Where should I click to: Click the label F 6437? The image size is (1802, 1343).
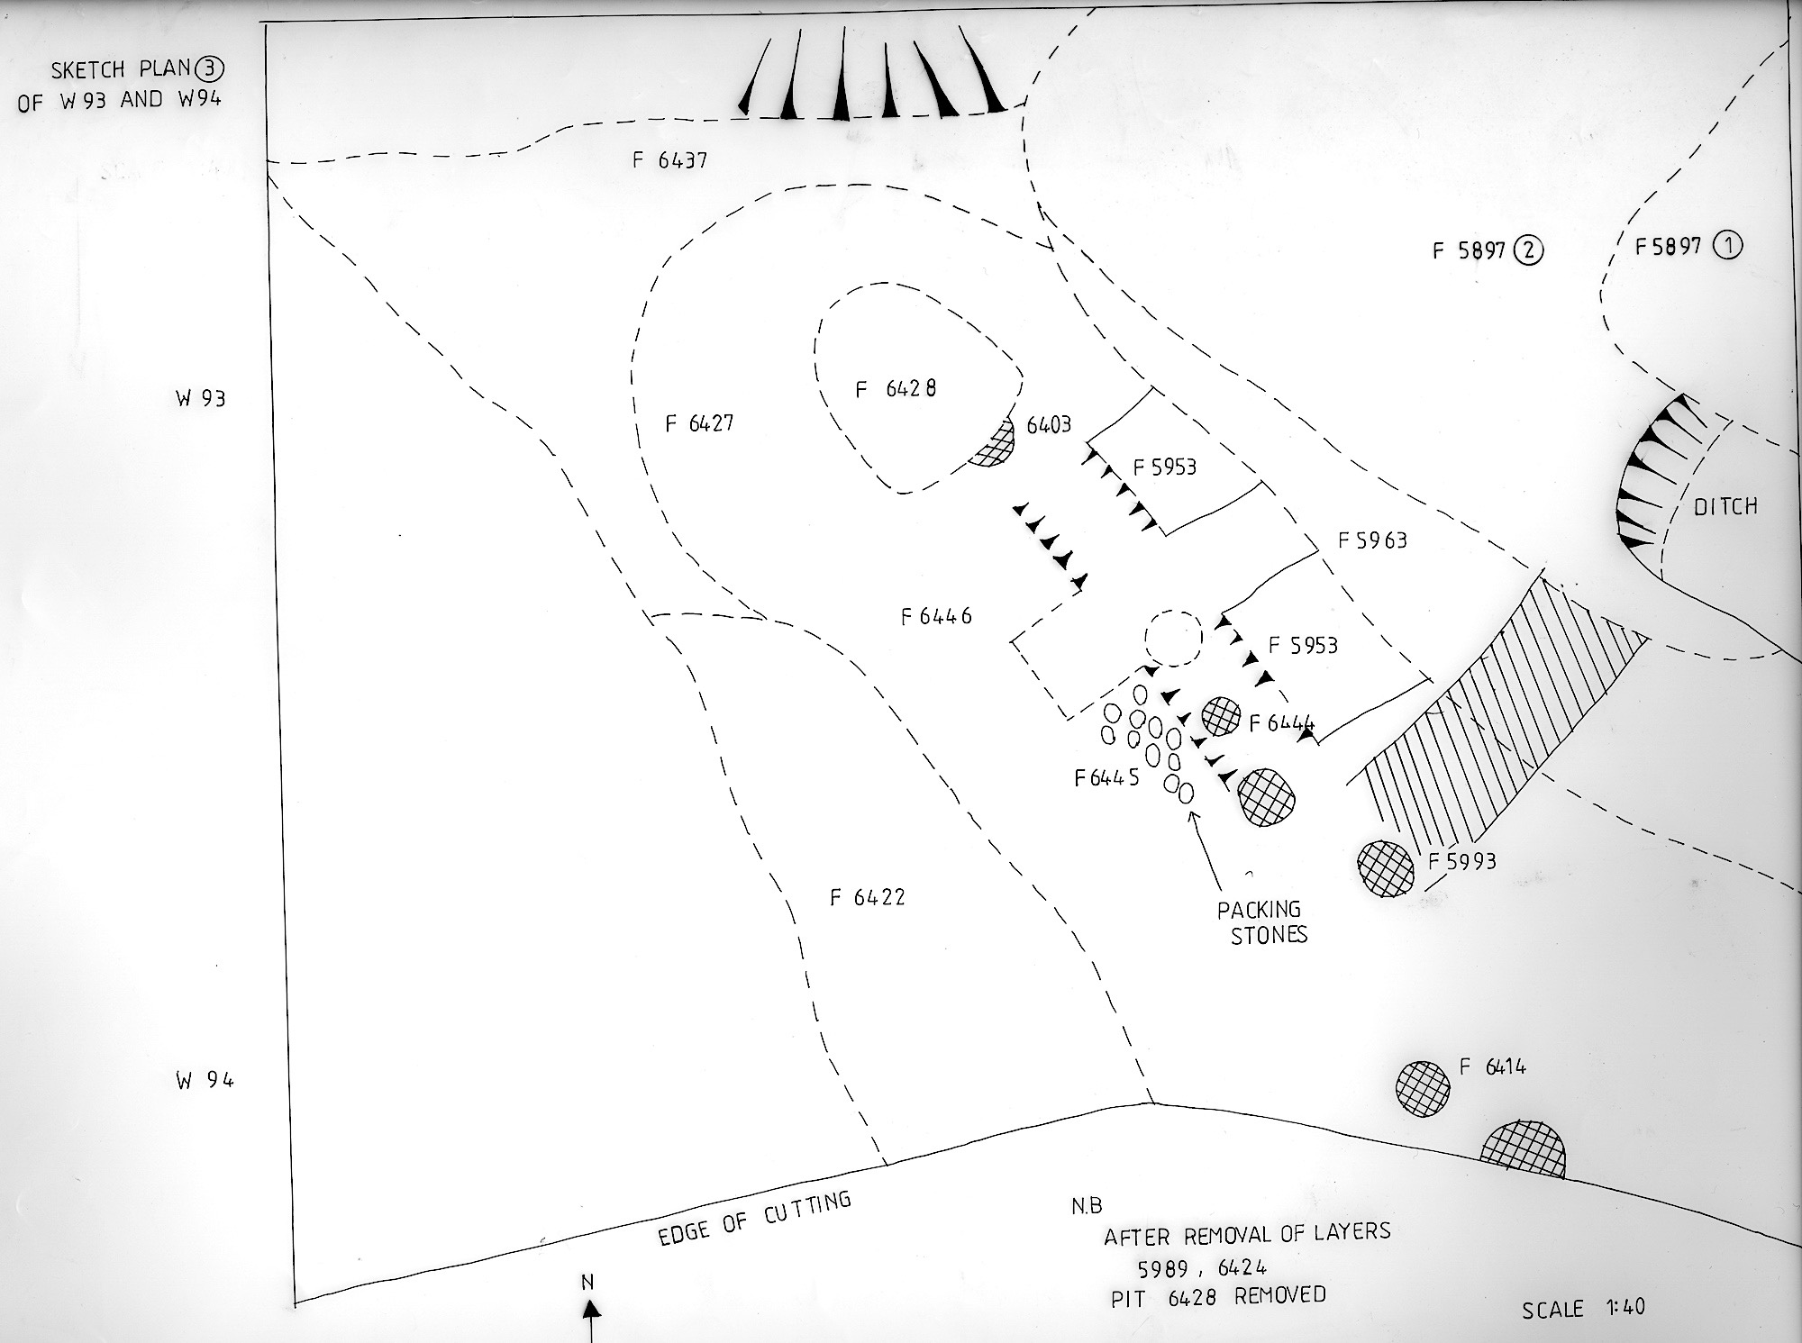coord(669,161)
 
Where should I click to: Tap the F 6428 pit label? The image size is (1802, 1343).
coord(896,388)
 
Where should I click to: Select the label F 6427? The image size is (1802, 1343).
coord(699,423)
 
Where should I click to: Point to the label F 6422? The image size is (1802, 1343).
coord(867,897)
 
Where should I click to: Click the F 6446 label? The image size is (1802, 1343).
coord(936,616)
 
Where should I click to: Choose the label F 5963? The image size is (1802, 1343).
coord(1372,540)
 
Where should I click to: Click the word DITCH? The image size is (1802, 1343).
coord(1725,506)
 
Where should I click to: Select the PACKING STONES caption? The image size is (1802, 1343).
coord(1261,921)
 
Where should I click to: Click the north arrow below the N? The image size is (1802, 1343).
coord(592,1319)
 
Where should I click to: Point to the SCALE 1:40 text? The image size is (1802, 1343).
coord(1583,1307)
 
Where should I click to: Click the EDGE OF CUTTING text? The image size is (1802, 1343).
coord(754,1220)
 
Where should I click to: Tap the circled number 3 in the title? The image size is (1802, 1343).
coord(214,68)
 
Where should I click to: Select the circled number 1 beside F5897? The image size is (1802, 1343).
coord(1727,245)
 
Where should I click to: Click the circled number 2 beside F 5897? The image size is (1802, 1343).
coord(1529,250)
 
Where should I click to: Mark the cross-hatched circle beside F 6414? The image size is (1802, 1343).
coord(1423,1088)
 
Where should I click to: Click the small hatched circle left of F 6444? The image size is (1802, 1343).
coord(1223,717)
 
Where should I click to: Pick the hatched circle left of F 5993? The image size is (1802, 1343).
coord(1386,868)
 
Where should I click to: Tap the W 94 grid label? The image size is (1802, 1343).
coord(205,1080)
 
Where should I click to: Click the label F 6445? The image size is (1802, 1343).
coord(1107,776)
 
